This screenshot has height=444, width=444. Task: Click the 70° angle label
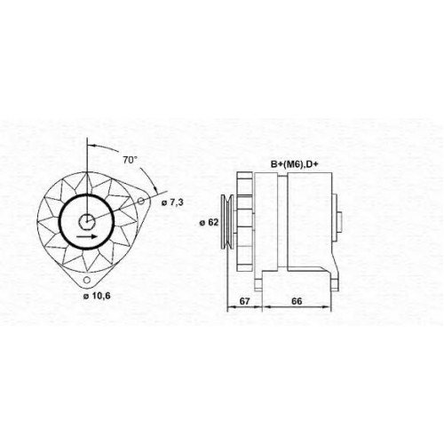(131, 160)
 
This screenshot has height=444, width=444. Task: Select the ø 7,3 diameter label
(172, 202)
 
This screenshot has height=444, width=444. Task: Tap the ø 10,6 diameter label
(97, 296)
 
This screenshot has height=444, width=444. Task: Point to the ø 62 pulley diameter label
(209, 222)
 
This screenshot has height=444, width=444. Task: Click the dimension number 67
(244, 301)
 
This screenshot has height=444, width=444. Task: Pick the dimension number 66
(297, 301)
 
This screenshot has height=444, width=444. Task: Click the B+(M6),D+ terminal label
(294, 164)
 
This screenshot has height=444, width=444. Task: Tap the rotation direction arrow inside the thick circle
(86, 236)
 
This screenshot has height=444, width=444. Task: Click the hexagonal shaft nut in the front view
(87, 221)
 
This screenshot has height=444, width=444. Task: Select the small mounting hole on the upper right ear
(141, 201)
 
